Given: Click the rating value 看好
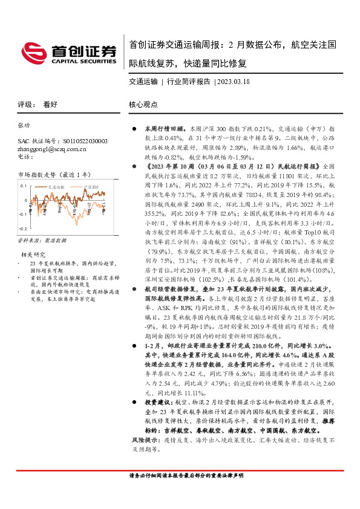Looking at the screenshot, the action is point(50,104).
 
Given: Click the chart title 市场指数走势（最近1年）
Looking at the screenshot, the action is point(53,174).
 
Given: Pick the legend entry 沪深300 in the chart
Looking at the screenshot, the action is point(91,187).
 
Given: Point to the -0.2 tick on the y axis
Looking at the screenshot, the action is point(22,229).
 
